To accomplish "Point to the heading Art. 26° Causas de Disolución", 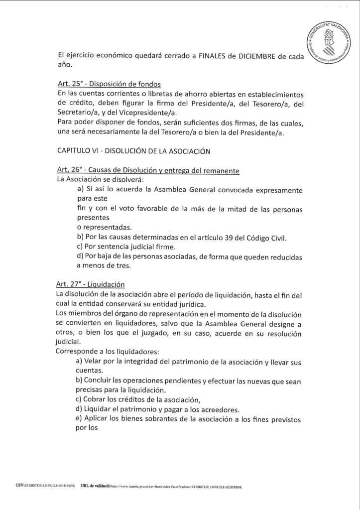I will point(148,171).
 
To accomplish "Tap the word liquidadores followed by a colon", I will point(125,352).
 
